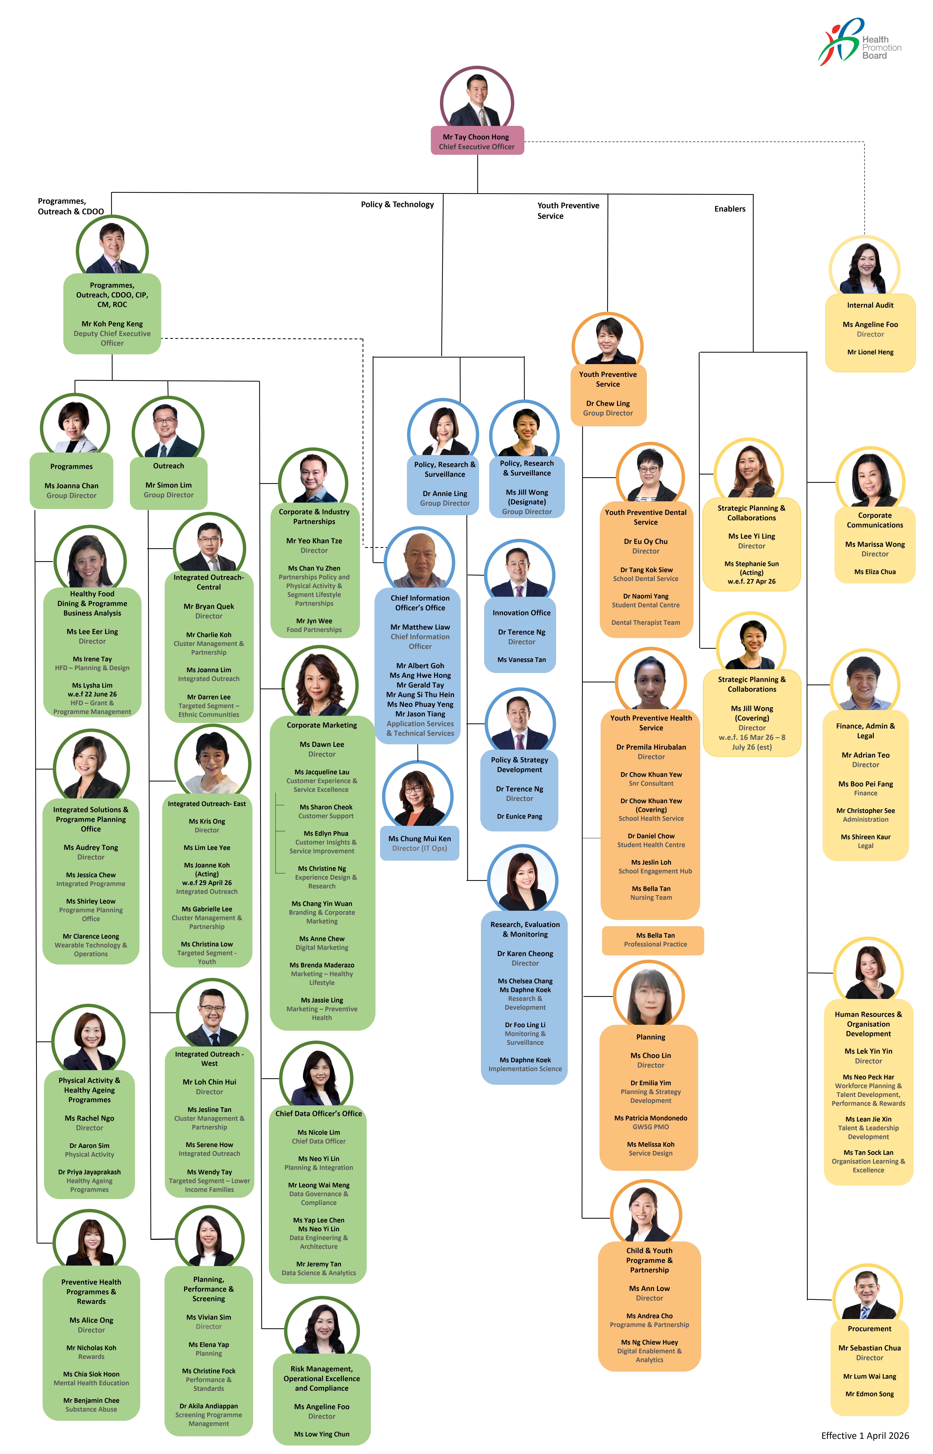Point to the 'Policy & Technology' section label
397,205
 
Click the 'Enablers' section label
729,209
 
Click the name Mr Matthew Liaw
420,627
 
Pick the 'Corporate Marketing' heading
322,725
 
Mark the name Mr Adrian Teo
865,755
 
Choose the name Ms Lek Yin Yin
868,1051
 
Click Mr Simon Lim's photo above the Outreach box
168,430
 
